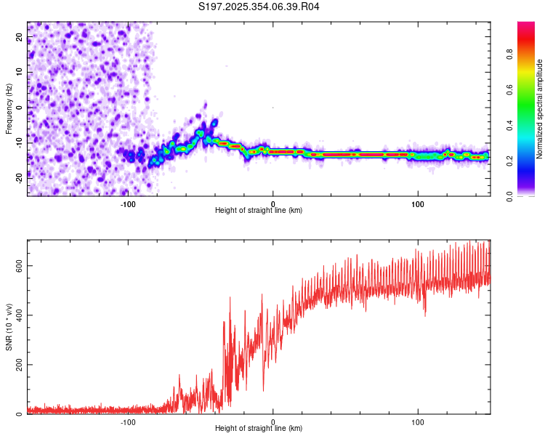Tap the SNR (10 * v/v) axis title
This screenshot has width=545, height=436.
click(9, 326)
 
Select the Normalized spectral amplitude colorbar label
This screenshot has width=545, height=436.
click(539, 109)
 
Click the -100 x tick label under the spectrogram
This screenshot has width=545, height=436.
click(129, 203)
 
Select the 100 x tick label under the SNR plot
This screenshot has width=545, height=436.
click(418, 421)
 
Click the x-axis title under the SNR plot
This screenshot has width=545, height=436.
click(259, 429)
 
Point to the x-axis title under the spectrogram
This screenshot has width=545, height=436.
click(259, 211)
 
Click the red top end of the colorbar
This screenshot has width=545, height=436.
click(526, 25)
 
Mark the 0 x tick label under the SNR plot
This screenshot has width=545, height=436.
click(273, 421)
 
